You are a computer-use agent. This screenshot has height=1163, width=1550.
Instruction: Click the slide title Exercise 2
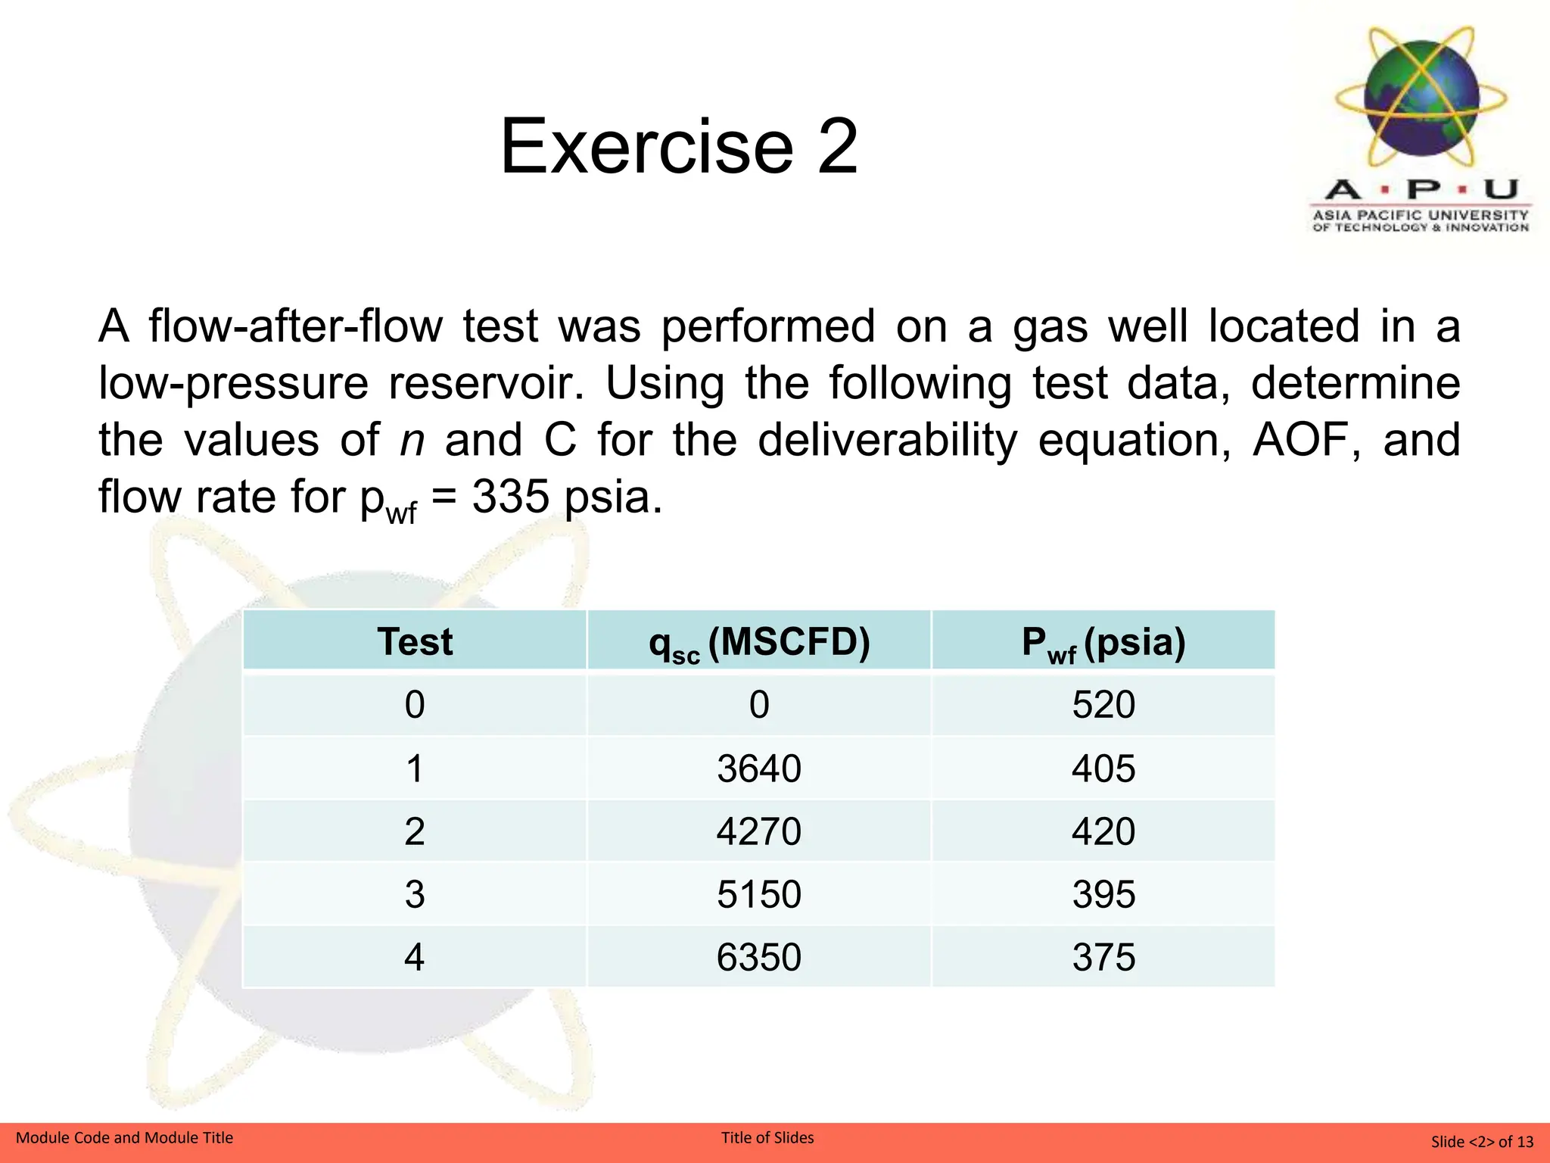coord(679,146)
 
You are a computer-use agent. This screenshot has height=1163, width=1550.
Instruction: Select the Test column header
coord(415,642)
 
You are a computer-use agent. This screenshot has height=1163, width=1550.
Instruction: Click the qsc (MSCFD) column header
coord(759,642)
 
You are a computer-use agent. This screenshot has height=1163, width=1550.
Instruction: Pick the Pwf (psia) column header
coord(1103,642)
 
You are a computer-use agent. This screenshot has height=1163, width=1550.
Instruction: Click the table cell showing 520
coord(1103,705)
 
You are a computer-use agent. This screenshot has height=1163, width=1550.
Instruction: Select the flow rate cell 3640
coord(759,769)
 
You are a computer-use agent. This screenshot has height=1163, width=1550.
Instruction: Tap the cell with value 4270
coord(759,831)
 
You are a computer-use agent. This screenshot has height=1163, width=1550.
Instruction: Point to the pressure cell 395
coord(1103,894)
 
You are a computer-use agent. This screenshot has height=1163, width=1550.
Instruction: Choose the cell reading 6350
coord(759,957)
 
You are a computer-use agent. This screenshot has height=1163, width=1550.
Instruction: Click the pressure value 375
coord(1103,957)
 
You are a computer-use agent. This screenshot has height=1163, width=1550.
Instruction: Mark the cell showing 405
coord(1103,769)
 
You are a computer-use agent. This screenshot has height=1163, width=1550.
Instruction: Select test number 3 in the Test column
coord(415,894)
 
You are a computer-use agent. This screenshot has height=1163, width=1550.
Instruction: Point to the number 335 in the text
coord(511,497)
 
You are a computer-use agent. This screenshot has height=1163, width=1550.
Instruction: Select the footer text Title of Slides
coord(767,1137)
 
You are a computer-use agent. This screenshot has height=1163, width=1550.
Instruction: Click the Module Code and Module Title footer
coord(125,1137)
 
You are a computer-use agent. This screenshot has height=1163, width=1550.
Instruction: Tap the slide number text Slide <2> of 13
coord(1481,1141)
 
